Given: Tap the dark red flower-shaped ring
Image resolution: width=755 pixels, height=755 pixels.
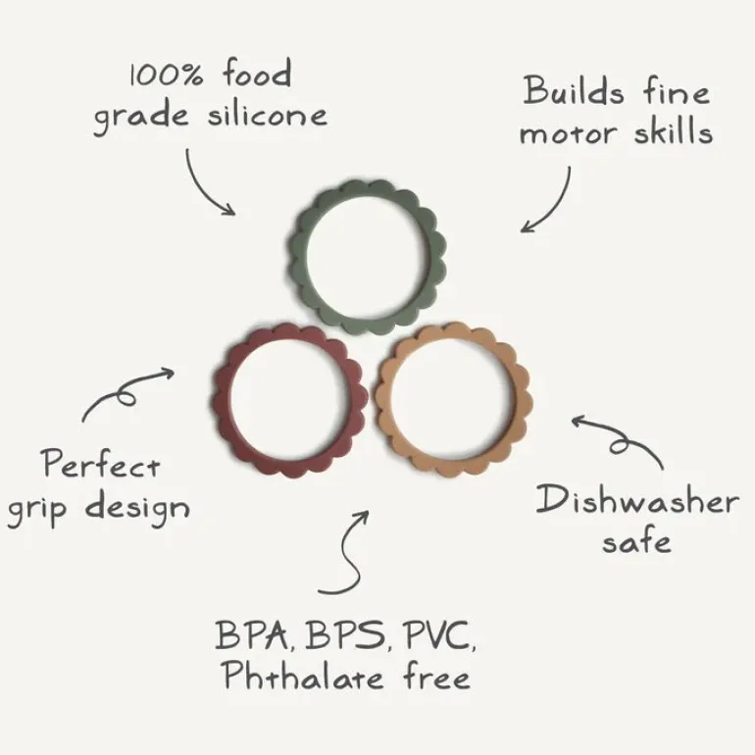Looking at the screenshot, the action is click(x=223, y=400).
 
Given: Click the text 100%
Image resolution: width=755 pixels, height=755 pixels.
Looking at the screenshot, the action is click(x=167, y=75).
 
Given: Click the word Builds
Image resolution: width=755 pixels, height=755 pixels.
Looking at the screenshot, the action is click(x=573, y=90).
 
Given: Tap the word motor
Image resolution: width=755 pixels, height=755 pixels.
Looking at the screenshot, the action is click(x=568, y=133).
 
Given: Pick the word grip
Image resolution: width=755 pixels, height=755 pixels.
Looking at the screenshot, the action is click(x=37, y=511).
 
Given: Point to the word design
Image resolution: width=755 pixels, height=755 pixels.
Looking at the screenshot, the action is click(x=137, y=509).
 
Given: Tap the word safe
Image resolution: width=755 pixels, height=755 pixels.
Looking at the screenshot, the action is click(x=636, y=540).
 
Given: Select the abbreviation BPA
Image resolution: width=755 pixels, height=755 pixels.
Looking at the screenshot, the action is click(x=252, y=634).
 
